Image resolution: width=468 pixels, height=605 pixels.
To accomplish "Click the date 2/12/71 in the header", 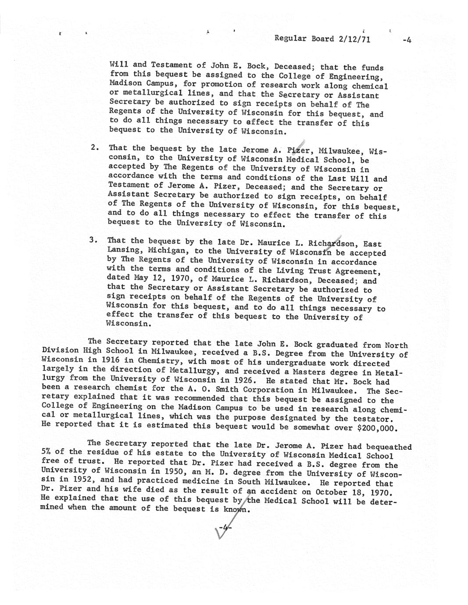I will click(354, 39).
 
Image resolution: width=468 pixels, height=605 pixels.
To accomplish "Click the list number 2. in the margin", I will click(94, 148).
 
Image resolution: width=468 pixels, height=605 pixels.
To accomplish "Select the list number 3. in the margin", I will click(93, 240).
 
